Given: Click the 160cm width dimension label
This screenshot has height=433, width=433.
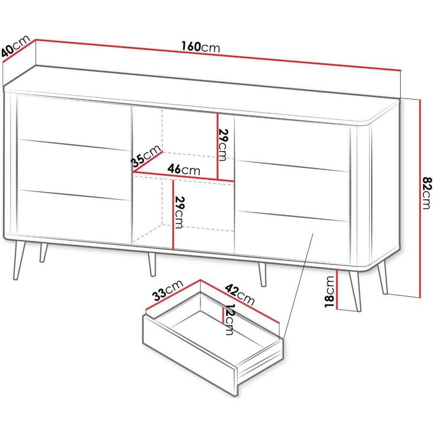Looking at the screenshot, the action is (x=200, y=47).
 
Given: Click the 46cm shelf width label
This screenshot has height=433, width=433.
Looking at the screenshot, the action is (x=184, y=169).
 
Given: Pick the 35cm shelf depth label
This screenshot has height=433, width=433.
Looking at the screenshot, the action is (x=146, y=156).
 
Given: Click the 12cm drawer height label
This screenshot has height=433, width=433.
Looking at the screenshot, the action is (x=229, y=319).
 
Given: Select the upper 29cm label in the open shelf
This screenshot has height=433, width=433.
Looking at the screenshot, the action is (x=222, y=144).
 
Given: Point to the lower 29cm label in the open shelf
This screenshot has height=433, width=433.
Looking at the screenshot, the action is (x=178, y=212).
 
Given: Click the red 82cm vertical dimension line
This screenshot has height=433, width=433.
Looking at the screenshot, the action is (x=420, y=198).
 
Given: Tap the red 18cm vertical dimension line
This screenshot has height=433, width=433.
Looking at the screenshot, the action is (x=337, y=290).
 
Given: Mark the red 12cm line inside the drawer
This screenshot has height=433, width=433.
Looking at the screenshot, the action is (x=223, y=316).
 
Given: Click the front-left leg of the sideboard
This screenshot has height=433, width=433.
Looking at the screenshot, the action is (x=20, y=259).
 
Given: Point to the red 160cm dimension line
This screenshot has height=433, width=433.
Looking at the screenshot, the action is (x=218, y=55).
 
